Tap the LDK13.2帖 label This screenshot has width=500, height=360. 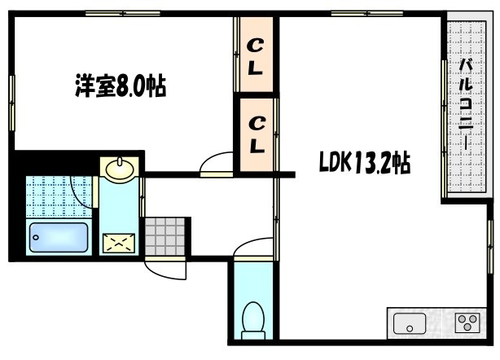click(x=363, y=164)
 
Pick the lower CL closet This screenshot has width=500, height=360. click(x=256, y=134)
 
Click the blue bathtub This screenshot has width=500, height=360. click(x=59, y=237)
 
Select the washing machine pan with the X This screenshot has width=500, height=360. click(x=121, y=242)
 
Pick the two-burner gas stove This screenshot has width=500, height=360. click(x=467, y=324)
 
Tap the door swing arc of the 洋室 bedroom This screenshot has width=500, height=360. click(x=215, y=162)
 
